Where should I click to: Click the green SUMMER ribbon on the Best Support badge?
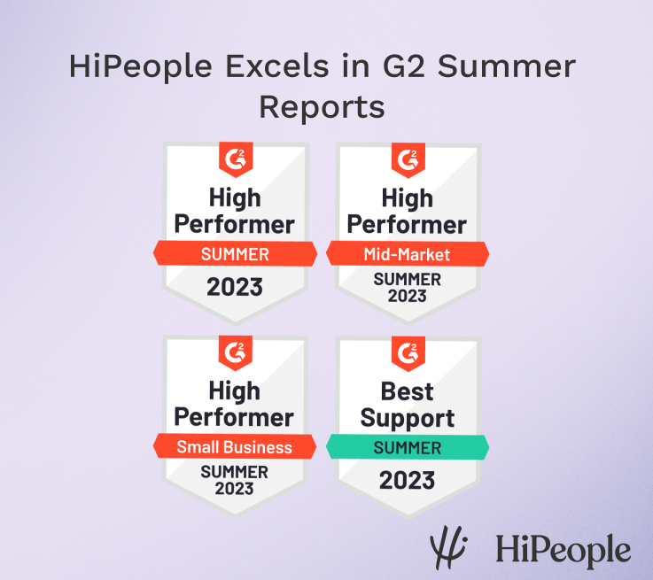(x=408, y=447)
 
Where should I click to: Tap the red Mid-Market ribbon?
(x=408, y=255)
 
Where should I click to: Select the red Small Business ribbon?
(x=234, y=447)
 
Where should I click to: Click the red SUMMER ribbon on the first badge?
(x=234, y=255)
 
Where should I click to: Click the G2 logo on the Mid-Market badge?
(x=408, y=160)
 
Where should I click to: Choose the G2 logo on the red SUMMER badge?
(x=234, y=160)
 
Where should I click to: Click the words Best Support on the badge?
(x=408, y=404)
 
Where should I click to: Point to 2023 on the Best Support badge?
(x=408, y=480)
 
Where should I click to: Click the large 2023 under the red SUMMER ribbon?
(x=234, y=287)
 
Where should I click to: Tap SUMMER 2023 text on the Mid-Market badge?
(x=408, y=287)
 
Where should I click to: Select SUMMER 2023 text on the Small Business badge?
(x=234, y=480)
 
